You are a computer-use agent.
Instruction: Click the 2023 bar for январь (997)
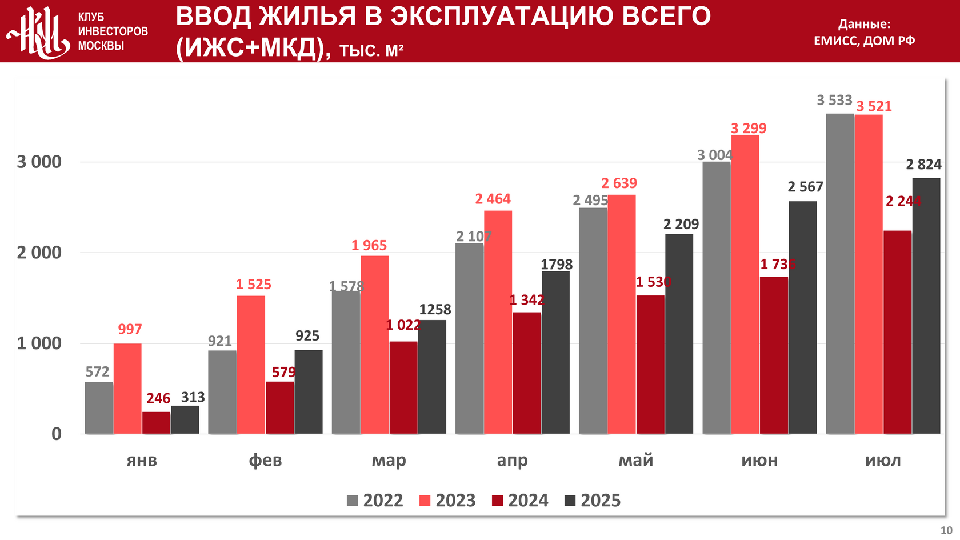pyautogui.click(x=127, y=389)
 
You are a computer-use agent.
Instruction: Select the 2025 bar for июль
pyautogui.click(x=926, y=306)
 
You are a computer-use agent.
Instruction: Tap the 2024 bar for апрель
pyautogui.click(x=527, y=373)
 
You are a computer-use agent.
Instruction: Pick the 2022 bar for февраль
pyautogui.click(x=222, y=392)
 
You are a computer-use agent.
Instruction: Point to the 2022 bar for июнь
pyautogui.click(x=717, y=298)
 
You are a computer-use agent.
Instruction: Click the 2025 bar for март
pyautogui.click(x=432, y=377)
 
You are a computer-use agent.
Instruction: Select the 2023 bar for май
pyautogui.click(x=622, y=314)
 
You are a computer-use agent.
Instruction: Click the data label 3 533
pyautogui.click(x=834, y=101)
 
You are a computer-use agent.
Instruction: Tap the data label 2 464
pyautogui.click(x=493, y=199)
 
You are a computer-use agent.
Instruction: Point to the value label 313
pyautogui.click(x=193, y=397)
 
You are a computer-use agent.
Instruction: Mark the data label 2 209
pyautogui.click(x=681, y=225)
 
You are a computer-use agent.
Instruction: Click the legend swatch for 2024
pyautogui.click(x=498, y=501)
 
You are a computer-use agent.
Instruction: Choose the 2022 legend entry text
pyautogui.click(x=383, y=501)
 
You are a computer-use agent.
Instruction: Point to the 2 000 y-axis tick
pyautogui.click(x=39, y=253)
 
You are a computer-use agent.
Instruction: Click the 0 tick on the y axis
pyautogui.click(x=56, y=434)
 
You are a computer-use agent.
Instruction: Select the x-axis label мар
pyautogui.click(x=389, y=461)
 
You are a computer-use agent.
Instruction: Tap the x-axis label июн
pyautogui.click(x=759, y=461)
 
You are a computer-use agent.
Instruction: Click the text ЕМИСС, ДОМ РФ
pyautogui.click(x=864, y=41)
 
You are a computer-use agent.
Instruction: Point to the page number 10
pyautogui.click(x=946, y=530)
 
